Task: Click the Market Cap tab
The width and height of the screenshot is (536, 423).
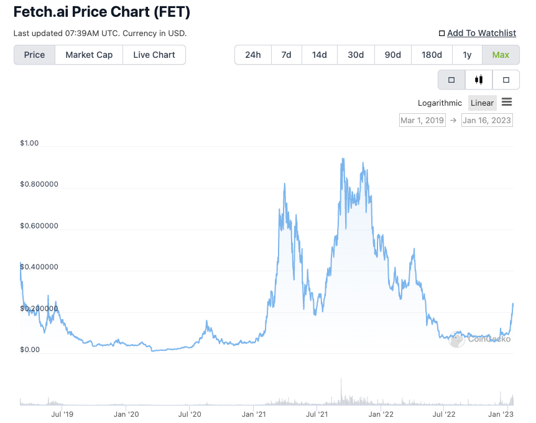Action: tap(89, 55)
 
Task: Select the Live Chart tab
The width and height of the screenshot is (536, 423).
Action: tap(154, 55)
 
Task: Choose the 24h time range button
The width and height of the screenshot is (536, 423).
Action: tap(253, 55)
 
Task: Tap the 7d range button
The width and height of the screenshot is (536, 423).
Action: tap(286, 55)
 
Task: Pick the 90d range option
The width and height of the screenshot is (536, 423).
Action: tap(393, 55)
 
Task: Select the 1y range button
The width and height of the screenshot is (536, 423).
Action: tap(468, 55)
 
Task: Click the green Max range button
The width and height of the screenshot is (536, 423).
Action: tap(501, 55)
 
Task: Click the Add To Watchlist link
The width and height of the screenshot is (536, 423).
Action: tap(481, 33)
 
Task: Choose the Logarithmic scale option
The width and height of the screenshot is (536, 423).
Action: tap(440, 103)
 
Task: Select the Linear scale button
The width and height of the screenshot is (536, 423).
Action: tap(482, 103)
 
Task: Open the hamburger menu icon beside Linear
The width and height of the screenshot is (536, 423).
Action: tap(507, 103)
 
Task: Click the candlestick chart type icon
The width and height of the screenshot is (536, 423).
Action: tap(479, 80)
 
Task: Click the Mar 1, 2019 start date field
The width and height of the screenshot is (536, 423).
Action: tap(422, 120)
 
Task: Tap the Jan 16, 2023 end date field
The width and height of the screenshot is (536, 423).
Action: tap(487, 120)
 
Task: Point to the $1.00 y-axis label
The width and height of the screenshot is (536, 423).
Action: tap(29, 143)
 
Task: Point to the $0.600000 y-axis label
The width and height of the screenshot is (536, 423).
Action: tap(39, 226)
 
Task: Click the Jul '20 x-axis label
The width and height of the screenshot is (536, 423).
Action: tap(190, 414)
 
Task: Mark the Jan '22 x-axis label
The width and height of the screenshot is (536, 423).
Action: tap(381, 414)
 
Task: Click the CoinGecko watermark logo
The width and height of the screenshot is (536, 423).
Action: tap(481, 339)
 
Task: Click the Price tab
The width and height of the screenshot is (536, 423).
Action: tap(34, 55)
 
